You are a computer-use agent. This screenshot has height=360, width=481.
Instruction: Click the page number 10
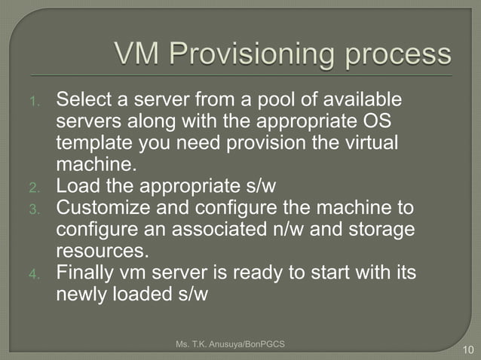pos(466,349)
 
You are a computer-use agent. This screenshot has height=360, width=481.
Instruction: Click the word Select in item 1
pos(81,99)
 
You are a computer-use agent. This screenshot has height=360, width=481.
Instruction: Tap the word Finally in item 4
pos(84,272)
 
